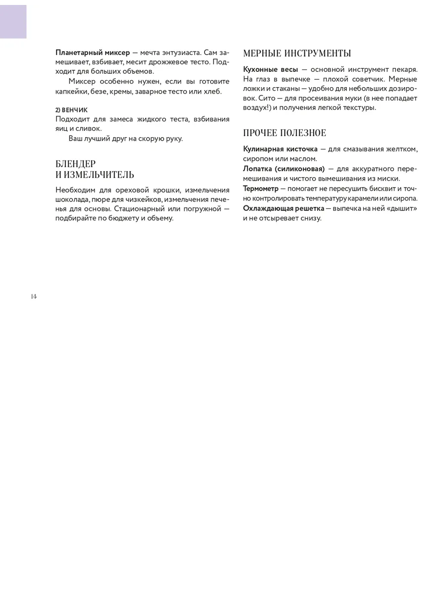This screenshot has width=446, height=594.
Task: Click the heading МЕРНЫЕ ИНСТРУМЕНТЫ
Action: pyautogui.click(x=297, y=53)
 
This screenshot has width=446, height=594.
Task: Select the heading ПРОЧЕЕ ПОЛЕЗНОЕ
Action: pyautogui.click(x=284, y=133)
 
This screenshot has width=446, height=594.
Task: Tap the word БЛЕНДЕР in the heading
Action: pyautogui.click(x=75, y=164)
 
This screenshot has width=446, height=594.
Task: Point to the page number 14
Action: pyautogui.click(x=34, y=296)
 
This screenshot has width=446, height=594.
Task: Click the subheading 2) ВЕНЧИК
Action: pyautogui.click(x=71, y=110)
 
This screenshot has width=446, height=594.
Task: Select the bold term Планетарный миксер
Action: pyautogui.click(x=93, y=52)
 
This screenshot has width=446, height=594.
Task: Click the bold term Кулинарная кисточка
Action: pyautogui.click(x=280, y=149)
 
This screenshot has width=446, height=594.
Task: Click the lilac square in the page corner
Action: pyautogui.click(x=13, y=20)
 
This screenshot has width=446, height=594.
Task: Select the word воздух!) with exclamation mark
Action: pyautogui.click(x=257, y=107)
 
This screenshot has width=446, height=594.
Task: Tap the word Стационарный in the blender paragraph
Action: pyautogui.click(x=140, y=209)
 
